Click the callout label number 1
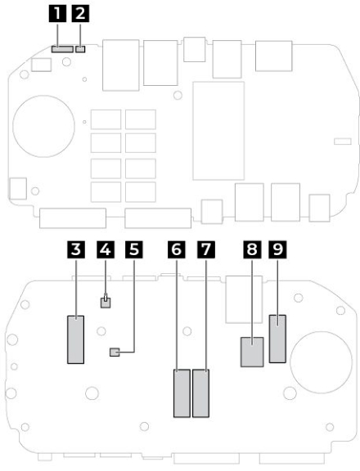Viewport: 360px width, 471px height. pyautogui.click(x=57, y=14)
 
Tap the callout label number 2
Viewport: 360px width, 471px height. pyautogui.click(x=80, y=14)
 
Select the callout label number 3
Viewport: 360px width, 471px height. pyautogui.click(x=76, y=249)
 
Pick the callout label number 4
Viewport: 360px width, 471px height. pyautogui.click(x=106, y=249)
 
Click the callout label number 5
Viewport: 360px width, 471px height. pyautogui.click(x=134, y=249)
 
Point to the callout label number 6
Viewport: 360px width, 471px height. pyautogui.click(x=177, y=249)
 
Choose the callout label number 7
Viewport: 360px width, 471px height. pyautogui.click(x=206, y=249)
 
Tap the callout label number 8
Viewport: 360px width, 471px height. pyautogui.click(x=252, y=249)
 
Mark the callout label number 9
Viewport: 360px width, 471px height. pyautogui.click(x=277, y=249)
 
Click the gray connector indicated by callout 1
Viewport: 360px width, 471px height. pyautogui.click(x=62, y=49)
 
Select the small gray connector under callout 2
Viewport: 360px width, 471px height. pyautogui.click(x=80, y=49)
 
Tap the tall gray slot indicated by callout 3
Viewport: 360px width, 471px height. pyautogui.click(x=76, y=339)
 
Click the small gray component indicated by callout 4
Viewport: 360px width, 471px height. pyautogui.click(x=106, y=303)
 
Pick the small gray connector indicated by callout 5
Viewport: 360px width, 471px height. pyautogui.click(x=115, y=352)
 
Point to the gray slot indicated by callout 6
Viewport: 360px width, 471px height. pyautogui.click(x=182, y=393)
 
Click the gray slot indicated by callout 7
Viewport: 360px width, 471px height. pyautogui.click(x=200, y=393)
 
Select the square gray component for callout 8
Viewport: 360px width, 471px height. pyautogui.click(x=252, y=352)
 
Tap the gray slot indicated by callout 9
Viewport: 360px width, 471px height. pyautogui.click(x=277, y=339)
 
